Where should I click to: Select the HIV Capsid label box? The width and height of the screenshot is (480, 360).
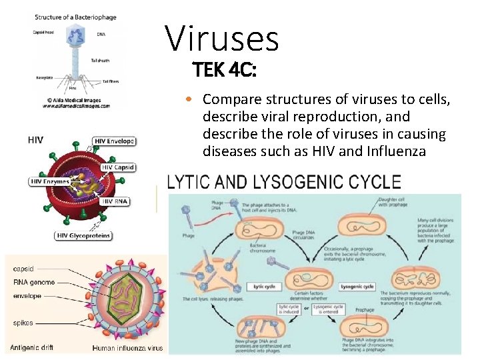click(117, 167)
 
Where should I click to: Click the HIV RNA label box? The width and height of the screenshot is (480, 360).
click(115, 201)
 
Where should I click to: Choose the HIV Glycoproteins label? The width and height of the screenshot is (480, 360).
click(83, 235)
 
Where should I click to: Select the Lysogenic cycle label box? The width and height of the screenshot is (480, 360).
click(357, 287)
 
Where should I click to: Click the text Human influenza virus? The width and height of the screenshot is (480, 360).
click(127, 347)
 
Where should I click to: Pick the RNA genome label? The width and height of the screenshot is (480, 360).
click(34, 282)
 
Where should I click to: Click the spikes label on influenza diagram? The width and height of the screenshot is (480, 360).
click(24, 323)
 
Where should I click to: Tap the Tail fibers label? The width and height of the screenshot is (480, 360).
click(111, 81)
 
